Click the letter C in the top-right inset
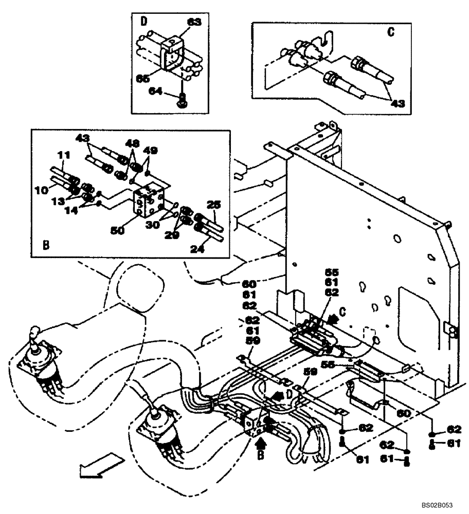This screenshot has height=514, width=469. coord(391,32)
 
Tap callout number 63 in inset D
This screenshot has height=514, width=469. coord(194,22)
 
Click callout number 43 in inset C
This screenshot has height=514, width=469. coord(397,103)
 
